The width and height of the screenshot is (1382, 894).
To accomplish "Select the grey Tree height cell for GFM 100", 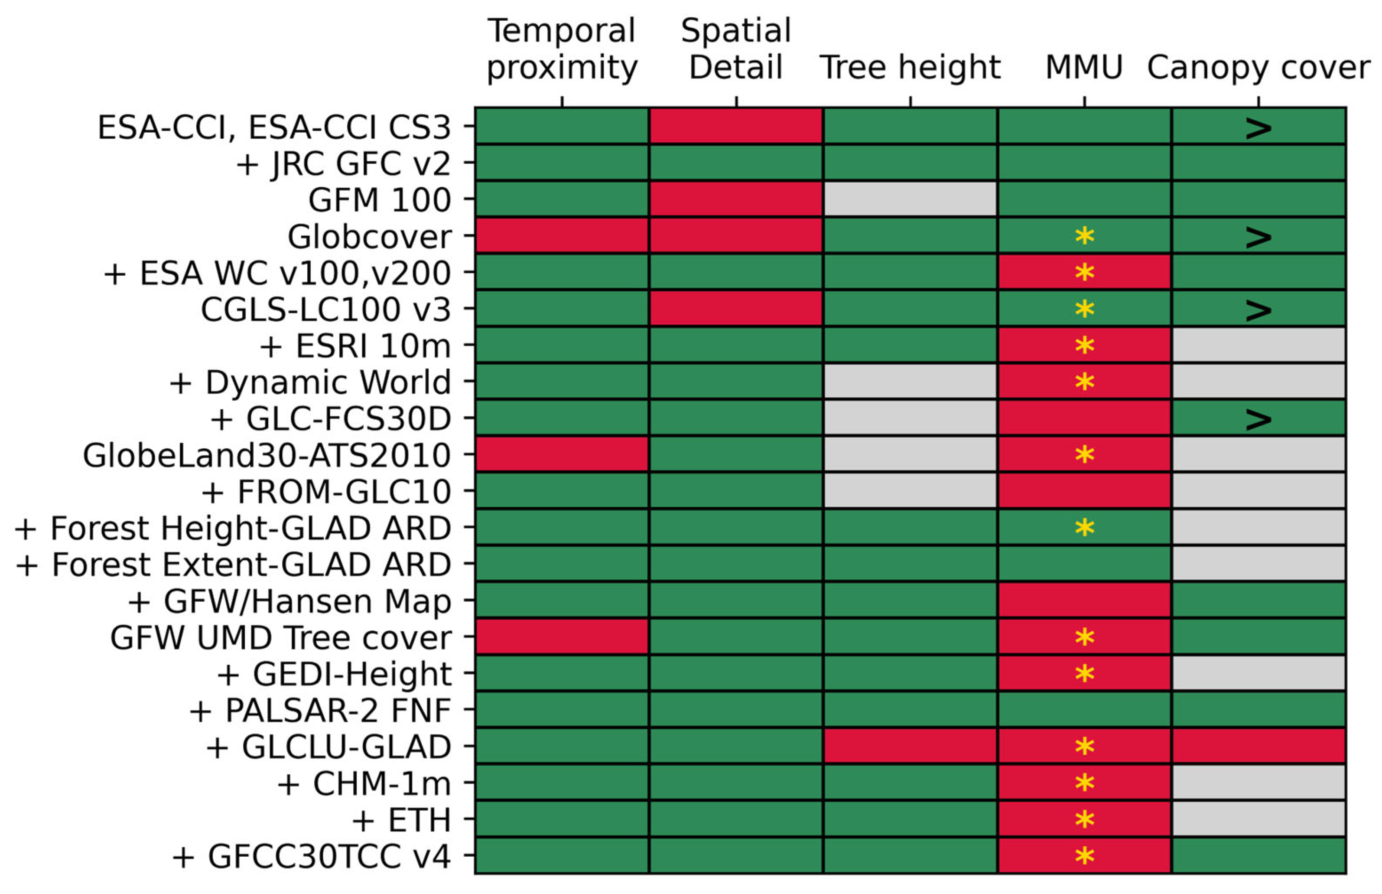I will [x=910, y=199].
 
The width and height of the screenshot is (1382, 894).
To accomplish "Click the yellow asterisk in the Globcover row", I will [x=1084, y=236].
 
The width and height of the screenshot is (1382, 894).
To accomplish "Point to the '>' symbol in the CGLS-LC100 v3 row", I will [x=1258, y=310].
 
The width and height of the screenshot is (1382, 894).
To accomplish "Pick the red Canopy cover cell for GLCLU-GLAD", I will [x=1258, y=746].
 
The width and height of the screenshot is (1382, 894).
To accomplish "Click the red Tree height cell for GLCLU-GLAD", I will [x=910, y=746].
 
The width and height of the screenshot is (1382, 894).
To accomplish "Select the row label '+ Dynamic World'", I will [x=310, y=382].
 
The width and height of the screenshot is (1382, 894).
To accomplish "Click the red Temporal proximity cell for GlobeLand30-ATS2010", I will [x=561, y=454].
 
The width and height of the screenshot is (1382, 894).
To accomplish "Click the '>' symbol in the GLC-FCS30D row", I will [x=1258, y=420].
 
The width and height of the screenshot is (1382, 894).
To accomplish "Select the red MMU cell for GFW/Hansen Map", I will [x=1084, y=600].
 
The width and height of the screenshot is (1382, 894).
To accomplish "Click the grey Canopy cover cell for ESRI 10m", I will [x=1258, y=345].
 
